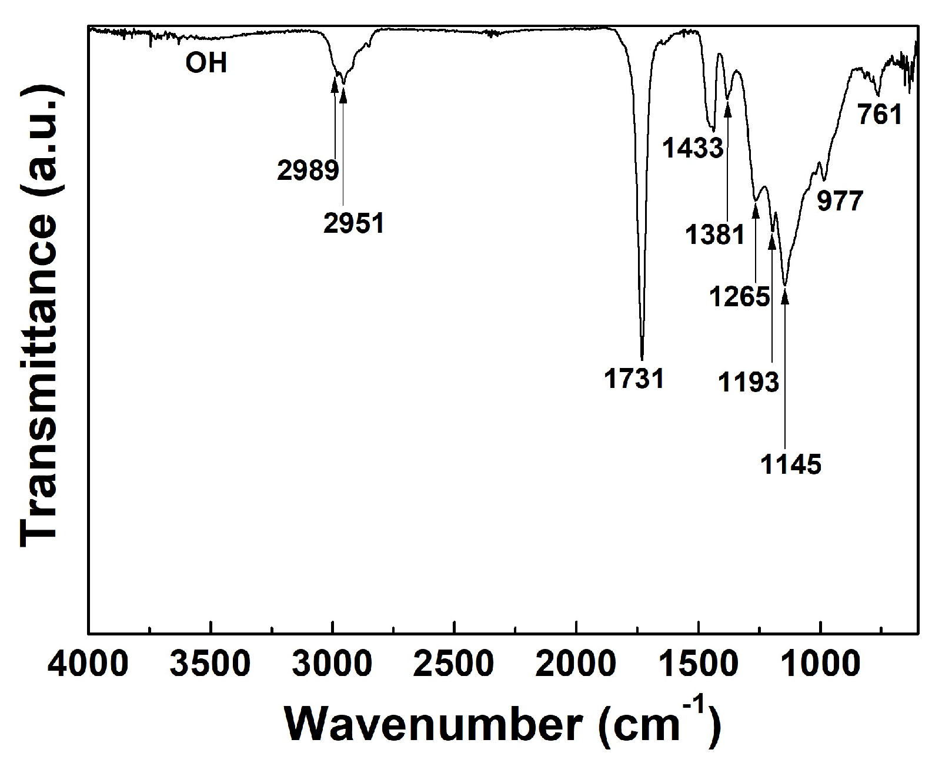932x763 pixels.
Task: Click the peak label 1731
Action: pyautogui.click(x=634, y=379)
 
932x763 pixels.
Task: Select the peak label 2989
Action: pyautogui.click(x=308, y=170)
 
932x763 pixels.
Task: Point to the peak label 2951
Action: pyautogui.click(x=354, y=223)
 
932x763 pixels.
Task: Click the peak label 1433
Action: pyautogui.click(x=693, y=148)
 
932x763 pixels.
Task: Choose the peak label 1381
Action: pyautogui.click(x=715, y=235)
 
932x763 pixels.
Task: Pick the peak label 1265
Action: pyautogui.click(x=740, y=296)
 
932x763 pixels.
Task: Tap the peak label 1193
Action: pyautogui.click(x=749, y=383)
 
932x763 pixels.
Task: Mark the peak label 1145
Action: pyautogui.click(x=791, y=464)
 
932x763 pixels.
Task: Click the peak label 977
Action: pyautogui.click(x=840, y=202)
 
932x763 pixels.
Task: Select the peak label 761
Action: pyautogui.click(x=880, y=115)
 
